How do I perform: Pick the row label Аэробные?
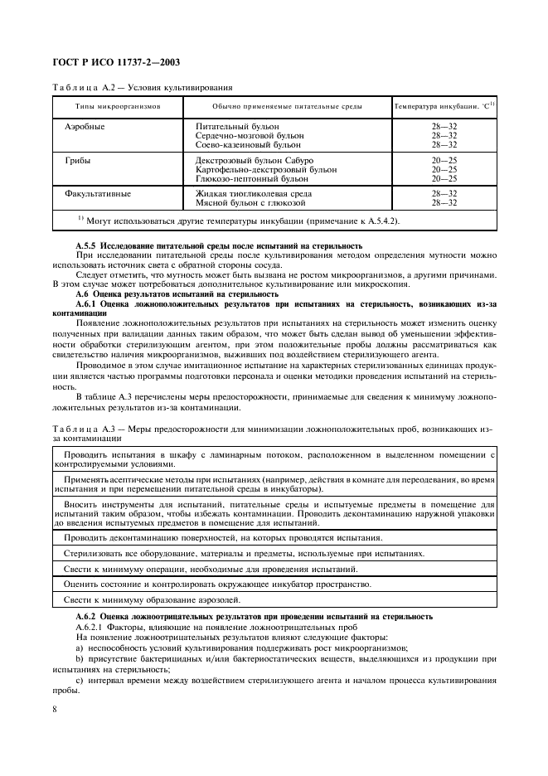pyautogui.click(x=86, y=126)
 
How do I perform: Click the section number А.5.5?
pyautogui.click(x=87, y=245)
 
